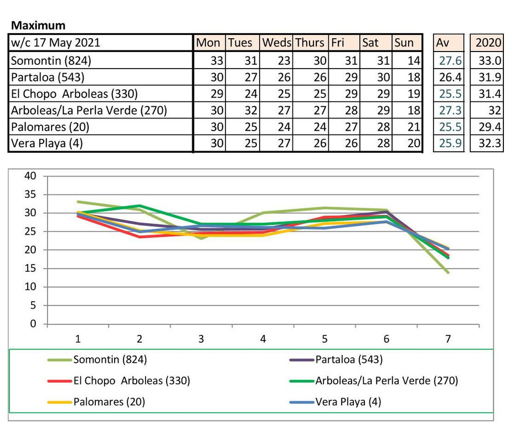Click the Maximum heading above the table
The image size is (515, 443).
38,25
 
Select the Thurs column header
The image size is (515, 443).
310,43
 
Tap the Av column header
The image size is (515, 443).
442,43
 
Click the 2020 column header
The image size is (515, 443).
488,43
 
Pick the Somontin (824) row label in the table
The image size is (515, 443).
51,60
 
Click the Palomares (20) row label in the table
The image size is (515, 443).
50,127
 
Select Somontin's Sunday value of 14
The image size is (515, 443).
414,60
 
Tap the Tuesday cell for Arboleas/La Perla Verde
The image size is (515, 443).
251,110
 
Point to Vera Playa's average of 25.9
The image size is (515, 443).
450,143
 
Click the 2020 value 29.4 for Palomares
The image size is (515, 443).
490,127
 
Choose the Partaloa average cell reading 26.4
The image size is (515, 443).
450,77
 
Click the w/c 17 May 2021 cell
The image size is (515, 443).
55,43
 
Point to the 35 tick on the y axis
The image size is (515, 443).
30,194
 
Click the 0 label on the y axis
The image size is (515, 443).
33,324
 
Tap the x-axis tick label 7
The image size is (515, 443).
448,339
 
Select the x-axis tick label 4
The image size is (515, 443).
262,339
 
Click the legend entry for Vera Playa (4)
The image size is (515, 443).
336,402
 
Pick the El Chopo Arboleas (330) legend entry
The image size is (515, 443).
119,381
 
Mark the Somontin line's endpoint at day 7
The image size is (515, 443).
448,272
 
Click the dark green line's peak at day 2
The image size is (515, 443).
140,206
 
